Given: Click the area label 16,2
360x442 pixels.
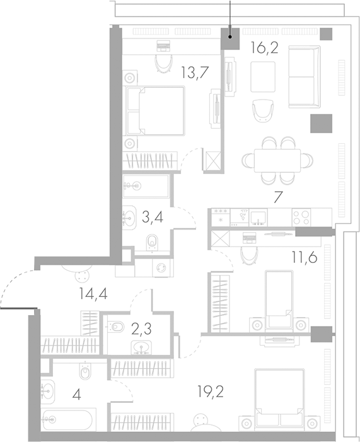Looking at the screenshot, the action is click(264, 48).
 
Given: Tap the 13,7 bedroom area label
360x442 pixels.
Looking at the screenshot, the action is click(195, 72).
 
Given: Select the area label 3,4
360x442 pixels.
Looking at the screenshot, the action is click(153, 217).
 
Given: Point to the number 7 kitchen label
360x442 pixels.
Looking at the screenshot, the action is click(278, 197).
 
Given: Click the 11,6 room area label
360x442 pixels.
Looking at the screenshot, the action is click(305, 257).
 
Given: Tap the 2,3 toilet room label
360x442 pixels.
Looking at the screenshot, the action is click(141, 329).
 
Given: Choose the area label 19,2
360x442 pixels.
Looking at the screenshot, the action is click(211, 392).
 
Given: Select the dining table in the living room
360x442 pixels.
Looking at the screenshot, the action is click(277, 161).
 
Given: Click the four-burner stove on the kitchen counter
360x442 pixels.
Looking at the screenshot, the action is click(301, 217).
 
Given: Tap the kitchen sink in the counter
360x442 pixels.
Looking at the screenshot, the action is click(258, 218).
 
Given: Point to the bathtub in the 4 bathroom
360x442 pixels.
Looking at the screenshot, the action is click(67, 420).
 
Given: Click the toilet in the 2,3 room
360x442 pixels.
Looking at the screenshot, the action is click(116, 327).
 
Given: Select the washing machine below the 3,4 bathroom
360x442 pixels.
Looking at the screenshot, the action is click(161, 267).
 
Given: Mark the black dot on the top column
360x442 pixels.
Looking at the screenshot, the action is click(230, 37).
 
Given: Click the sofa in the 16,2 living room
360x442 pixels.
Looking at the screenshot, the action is click(305, 77).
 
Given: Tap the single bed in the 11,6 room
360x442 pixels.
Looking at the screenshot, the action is click(279, 300).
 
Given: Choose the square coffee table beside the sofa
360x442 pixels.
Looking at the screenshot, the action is click(263, 77).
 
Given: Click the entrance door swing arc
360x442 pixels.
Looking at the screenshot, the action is click(11, 282).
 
